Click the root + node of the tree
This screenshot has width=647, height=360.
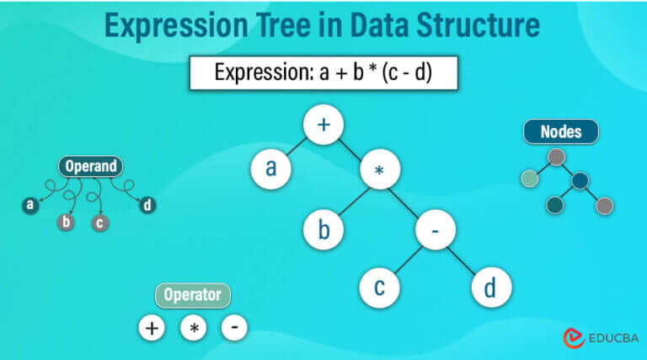pos(323,125)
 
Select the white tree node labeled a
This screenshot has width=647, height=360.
pos(271,169)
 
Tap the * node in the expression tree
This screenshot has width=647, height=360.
pos(380,169)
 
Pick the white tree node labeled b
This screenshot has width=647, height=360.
pos(323,229)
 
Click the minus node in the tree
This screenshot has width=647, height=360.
pos(436,229)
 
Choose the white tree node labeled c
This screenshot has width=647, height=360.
pos(380,287)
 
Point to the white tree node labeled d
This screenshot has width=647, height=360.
pos(491,287)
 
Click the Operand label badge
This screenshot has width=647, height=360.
pos(91,166)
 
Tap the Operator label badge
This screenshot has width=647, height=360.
pos(193,295)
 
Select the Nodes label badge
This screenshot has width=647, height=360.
pos(561,132)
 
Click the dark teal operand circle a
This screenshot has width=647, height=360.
pos(30,205)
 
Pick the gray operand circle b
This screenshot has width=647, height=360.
pos(66,222)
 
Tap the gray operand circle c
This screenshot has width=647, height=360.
pos(100,223)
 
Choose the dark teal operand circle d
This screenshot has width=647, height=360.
pos(147,205)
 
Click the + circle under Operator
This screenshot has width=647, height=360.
pos(152,328)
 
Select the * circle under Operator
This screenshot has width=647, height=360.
pos(194,328)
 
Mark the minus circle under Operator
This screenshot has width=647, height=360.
pos(234,327)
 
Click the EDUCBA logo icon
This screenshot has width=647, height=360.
pos(574,338)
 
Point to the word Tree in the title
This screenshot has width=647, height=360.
pos(283,25)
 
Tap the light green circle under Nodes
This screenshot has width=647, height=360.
pos(529,179)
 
